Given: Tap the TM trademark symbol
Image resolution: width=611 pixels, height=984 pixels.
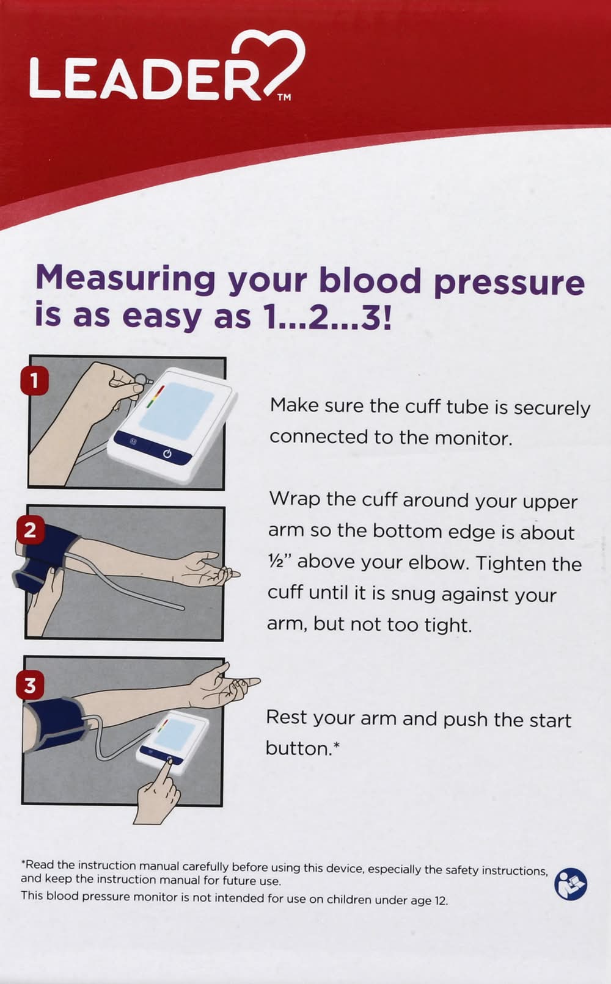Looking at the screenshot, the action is (x=284, y=97).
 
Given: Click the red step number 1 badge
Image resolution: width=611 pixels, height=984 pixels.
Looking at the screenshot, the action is (x=34, y=380).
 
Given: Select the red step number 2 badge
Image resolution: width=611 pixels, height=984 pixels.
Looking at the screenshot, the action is (x=30, y=530).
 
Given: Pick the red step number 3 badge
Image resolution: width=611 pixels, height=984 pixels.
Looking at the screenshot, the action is (x=30, y=686).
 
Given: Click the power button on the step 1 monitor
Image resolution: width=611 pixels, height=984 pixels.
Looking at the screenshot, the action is (x=167, y=454).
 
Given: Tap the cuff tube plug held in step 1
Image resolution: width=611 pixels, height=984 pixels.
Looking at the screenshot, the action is (x=142, y=379).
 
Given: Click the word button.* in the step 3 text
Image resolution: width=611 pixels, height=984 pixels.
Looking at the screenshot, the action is (x=303, y=748).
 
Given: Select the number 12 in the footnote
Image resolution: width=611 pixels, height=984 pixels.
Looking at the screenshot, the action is (x=441, y=900).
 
